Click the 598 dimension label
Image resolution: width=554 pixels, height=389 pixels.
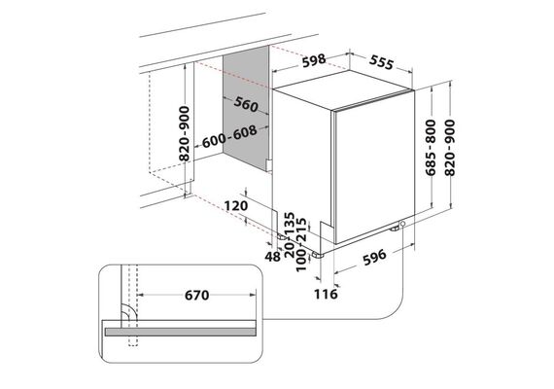314,60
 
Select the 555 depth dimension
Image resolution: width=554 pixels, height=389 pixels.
381,62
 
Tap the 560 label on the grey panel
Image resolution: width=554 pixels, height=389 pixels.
246,104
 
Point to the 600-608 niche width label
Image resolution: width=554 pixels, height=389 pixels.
229,136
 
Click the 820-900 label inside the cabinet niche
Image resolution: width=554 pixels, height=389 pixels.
185,133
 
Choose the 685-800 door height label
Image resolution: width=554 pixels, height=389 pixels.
431,148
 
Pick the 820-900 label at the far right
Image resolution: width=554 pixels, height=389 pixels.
450,148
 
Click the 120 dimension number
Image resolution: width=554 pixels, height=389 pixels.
236,205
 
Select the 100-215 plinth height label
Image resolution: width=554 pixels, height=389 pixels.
300,245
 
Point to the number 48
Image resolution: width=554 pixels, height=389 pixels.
272,257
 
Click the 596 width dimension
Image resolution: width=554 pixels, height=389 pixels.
375,257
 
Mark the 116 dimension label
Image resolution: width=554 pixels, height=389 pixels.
326,294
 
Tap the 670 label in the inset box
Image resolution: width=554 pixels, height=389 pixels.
196,295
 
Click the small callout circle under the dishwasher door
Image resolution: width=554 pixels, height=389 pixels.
402,224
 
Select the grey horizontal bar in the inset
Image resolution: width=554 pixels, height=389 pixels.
180,332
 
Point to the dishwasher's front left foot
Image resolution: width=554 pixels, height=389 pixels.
318,254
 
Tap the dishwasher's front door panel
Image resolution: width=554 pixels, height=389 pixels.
374,167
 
